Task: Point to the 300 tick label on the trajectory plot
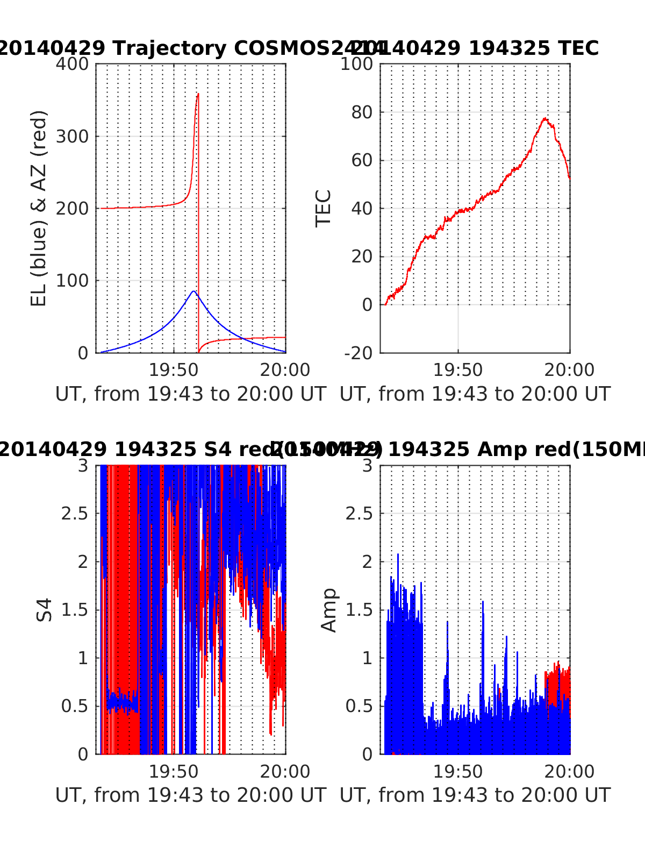(72, 137)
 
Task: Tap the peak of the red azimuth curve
(198, 94)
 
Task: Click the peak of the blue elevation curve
(193, 291)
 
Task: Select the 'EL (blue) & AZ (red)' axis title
(39, 208)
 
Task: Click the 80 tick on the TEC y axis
(362, 112)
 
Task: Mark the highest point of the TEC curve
(545, 118)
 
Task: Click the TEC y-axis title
(323, 208)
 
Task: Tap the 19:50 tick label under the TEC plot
(458, 370)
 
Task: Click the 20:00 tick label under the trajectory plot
(285, 370)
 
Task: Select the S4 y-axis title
(45, 610)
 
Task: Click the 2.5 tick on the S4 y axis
(75, 514)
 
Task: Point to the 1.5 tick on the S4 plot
(75, 610)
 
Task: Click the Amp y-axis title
(328, 610)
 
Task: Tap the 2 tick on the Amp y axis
(367, 562)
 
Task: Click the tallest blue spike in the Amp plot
(398, 554)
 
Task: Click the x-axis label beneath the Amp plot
(475, 795)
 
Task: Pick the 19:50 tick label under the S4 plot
(174, 772)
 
